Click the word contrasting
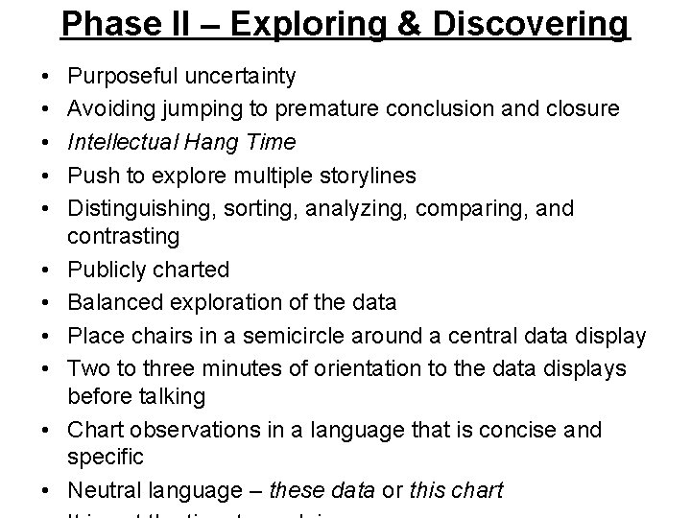click(x=124, y=236)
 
